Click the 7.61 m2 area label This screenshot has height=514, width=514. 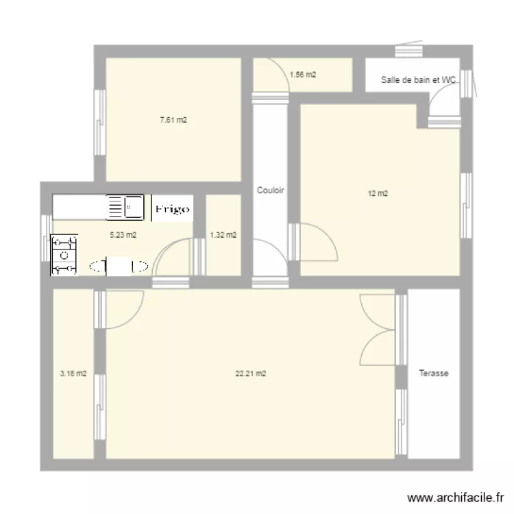tap(173, 120)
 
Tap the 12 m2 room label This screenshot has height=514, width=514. tap(378, 193)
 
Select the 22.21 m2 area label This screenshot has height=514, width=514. tap(251, 374)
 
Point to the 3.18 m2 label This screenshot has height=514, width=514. tap(73, 374)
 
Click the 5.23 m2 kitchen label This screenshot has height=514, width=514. tap(123, 234)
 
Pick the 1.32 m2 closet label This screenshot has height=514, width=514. tap(223, 234)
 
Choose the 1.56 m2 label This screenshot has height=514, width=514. tap(303, 75)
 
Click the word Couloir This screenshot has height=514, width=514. tap(271, 190)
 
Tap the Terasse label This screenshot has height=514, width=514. tap(434, 373)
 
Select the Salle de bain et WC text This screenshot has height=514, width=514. tap(418, 79)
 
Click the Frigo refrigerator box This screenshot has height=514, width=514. tap(172, 208)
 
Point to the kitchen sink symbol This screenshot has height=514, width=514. tap(125, 207)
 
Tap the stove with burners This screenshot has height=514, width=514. tap(64, 255)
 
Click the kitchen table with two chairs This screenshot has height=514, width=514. tap(119, 266)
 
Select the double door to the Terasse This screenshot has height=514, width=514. tap(378, 330)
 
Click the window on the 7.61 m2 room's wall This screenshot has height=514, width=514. tap(100, 122)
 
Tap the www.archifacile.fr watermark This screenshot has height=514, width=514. tap(455, 498)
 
